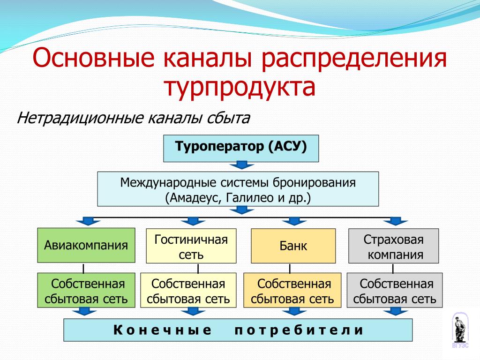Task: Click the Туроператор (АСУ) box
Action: (x=241, y=148)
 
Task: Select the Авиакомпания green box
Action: (x=86, y=245)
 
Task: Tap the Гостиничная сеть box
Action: (x=191, y=246)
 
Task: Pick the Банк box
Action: (x=293, y=246)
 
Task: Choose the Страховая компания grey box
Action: (x=394, y=246)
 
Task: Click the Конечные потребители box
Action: (x=238, y=330)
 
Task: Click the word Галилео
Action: (x=249, y=198)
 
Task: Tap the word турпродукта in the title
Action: (x=240, y=86)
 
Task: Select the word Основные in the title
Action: (x=93, y=57)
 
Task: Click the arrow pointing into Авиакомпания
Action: (x=89, y=221)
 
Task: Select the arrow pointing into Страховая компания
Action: (x=396, y=221)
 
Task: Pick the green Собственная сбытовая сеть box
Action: (x=86, y=290)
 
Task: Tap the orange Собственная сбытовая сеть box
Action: (x=292, y=290)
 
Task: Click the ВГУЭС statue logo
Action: (x=460, y=330)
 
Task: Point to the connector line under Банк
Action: (x=290, y=269)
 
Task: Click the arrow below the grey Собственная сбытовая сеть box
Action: (x=396, y=312)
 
